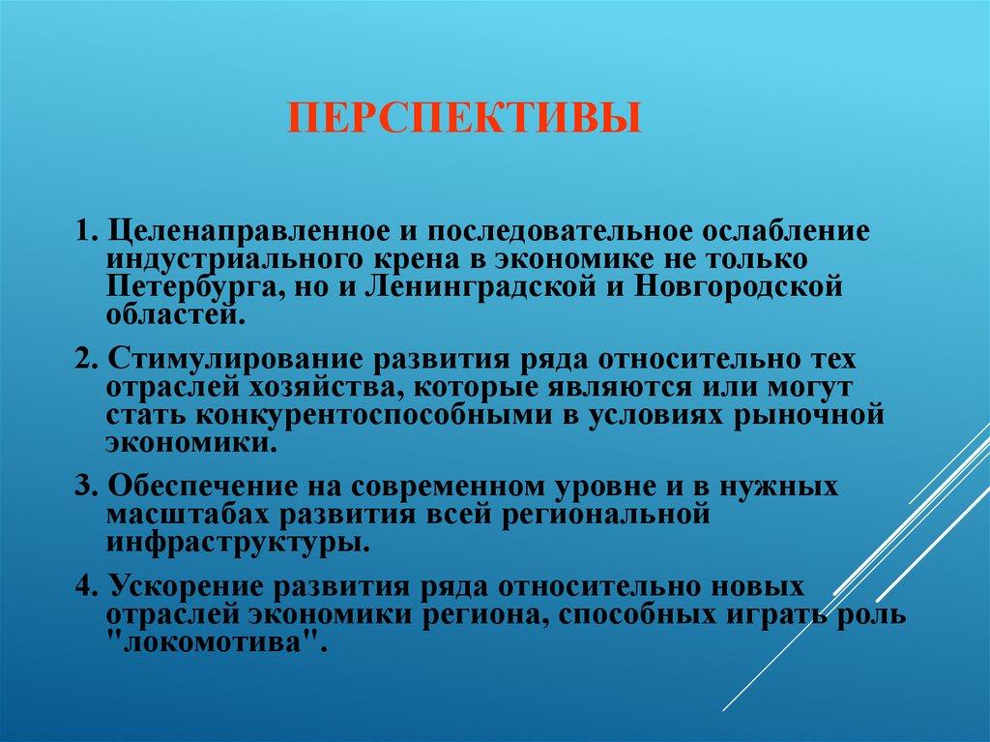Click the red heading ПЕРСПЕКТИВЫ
click(465, 120)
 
